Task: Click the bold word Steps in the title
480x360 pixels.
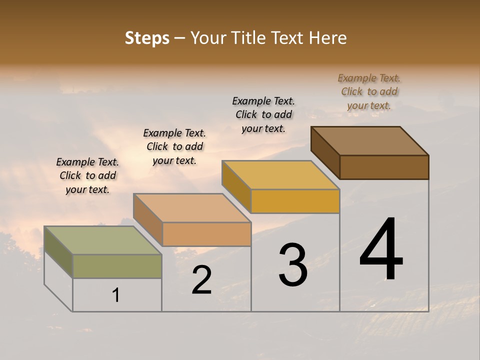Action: pyautogui.click(x=147, y=38)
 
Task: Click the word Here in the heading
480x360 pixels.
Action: pyautogui.click(x=328, y=38)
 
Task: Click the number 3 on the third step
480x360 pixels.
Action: pyautogui.click(x=293, y=265)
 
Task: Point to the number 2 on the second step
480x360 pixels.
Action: pyautogui.click(x=201, y=280)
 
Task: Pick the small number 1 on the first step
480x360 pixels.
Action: pyautogui.click(x=116, y=295)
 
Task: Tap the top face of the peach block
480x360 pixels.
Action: pyautogui.click(x=192, y=207)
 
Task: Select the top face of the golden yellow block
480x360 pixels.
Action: pyautogui.click(x=280, y=175)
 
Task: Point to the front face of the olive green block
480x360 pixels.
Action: pyautogui.click(x=117, y=266)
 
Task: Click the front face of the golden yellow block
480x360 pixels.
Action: pyautogui.click(x=295, y=201)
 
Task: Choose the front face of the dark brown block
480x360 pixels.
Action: pyautogui.click(x=384, y=167)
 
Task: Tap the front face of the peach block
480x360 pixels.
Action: pyautogui.click(x=206, y=234)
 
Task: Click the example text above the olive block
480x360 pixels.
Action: pyautogui.click(x=87, y=175)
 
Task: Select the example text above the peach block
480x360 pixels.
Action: pyautogui.click(x=174, y=146)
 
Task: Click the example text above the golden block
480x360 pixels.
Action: pyautogui.click(x=263, y=114)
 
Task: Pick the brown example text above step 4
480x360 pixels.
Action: pyautogui.click(x=369, y=91)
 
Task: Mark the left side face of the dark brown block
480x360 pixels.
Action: pyautogui.click(x=325, y=152)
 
